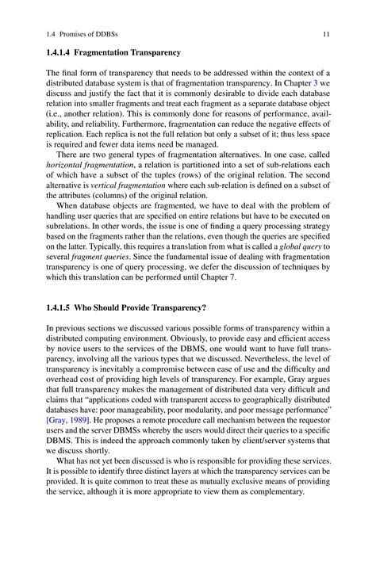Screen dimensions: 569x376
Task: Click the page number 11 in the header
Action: (x=325, y=32)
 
